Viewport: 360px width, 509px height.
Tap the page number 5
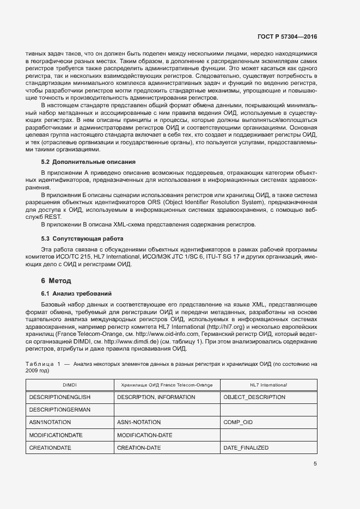315,464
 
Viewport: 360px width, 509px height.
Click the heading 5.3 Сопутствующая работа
82,238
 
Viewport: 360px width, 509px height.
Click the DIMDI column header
70,384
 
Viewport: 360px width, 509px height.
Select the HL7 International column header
269,384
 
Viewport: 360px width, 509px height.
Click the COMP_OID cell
238,422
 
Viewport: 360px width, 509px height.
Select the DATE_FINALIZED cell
246,447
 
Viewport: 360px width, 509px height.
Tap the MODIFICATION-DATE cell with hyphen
144,435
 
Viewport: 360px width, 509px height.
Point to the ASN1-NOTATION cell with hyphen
139,422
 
